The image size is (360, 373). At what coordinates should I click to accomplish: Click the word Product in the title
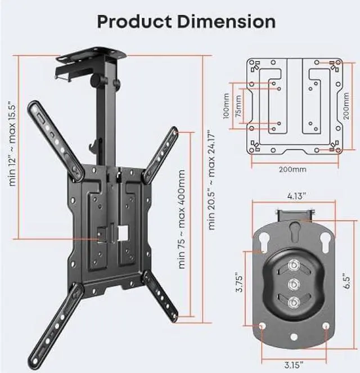134,21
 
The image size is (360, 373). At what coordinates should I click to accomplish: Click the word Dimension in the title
227,21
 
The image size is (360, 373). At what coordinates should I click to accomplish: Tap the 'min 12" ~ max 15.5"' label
12,143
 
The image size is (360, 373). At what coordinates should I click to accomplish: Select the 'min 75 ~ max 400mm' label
182,219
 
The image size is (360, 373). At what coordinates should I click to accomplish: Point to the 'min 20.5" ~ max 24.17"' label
211,180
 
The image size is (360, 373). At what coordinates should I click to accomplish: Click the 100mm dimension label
226,106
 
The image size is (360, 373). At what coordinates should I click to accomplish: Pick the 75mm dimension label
238,106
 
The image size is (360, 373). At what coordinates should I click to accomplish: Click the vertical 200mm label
346,106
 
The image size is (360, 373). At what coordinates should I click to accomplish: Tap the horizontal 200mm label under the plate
292,169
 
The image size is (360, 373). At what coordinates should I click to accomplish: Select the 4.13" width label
296,196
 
